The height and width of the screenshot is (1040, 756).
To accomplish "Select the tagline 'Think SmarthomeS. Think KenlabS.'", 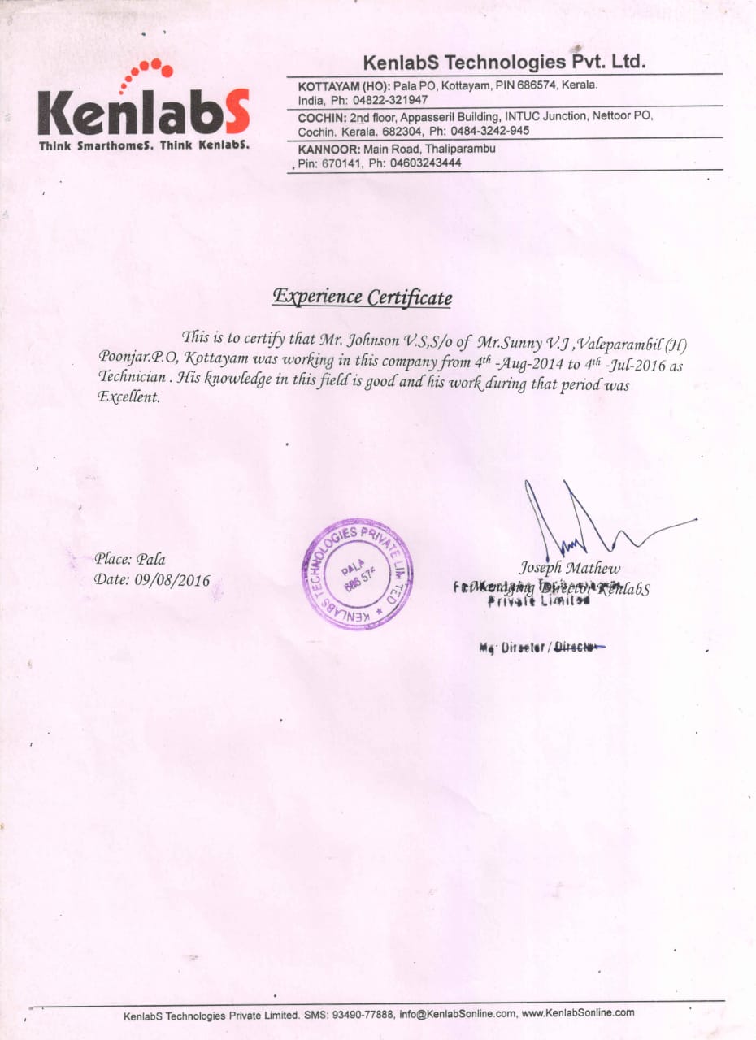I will (144, 146).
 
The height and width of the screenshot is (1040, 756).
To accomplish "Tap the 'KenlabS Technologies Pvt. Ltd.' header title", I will (504, 62).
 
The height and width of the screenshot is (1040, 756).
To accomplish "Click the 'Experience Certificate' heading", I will (362, 297).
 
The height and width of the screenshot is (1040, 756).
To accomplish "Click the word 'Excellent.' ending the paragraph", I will (129, 397).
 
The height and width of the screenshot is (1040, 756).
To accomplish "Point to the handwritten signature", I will (585, 520).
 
